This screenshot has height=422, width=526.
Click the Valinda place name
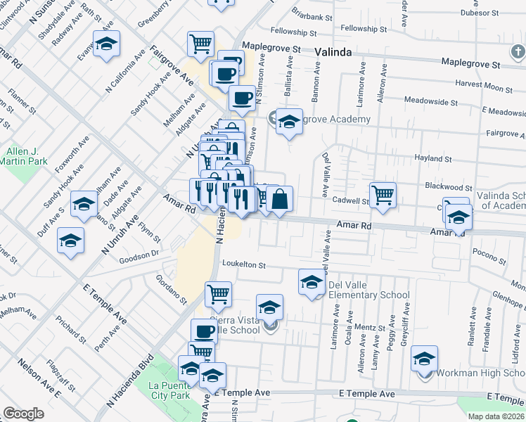click(333, 51)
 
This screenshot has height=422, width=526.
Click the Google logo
click(23, 414)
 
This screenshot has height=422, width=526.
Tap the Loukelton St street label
click(243, 265)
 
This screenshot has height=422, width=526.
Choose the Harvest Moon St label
click(484, 87)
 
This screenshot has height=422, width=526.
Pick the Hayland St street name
click(431, 159)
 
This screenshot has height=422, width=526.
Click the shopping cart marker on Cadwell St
click(383, 195)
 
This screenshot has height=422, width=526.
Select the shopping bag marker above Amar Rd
click(279, 200)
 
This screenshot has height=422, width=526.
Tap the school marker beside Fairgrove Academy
click(288, 122)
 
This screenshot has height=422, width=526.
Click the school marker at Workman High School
click(424, 359)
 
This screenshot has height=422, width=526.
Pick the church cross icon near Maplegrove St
click(518, 51)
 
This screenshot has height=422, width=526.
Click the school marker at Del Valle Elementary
click(312, 282)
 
